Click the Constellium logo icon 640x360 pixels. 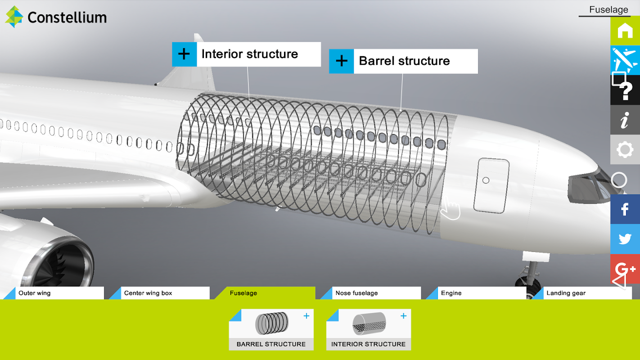(x=14, y=17)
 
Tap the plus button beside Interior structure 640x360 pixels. (x=184, y=54)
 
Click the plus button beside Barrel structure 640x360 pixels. (x=342, y=61)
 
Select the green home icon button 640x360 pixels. (x=625, y=31)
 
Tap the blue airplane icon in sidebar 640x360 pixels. (x=625, y=60)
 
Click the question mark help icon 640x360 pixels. (x=625, y=90)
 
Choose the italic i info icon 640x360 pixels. (x=625, y=120)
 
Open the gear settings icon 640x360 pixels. (x=625, y=149)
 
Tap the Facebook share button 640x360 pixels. (x=625, y=209)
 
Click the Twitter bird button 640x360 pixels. (x=625, y=239)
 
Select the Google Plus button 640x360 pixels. (x=625, y=269)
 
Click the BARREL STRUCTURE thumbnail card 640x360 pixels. (x=271, y=329)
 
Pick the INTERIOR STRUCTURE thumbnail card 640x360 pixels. (x=369, y=329)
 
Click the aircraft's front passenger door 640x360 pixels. (x=491, y=185)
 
